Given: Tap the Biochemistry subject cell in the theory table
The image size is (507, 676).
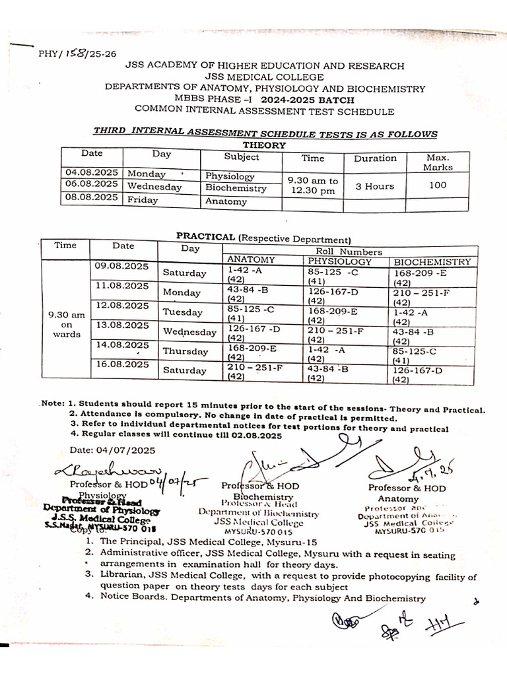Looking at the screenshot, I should point(236,188).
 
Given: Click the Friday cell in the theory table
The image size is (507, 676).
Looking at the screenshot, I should point(143,199).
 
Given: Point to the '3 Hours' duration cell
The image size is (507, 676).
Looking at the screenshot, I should point(374,186).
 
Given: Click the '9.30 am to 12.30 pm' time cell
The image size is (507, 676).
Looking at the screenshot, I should point(314,186).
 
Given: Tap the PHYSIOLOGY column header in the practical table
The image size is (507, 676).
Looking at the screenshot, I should point(340,261).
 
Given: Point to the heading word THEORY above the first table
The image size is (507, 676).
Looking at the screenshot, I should point(264,145).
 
